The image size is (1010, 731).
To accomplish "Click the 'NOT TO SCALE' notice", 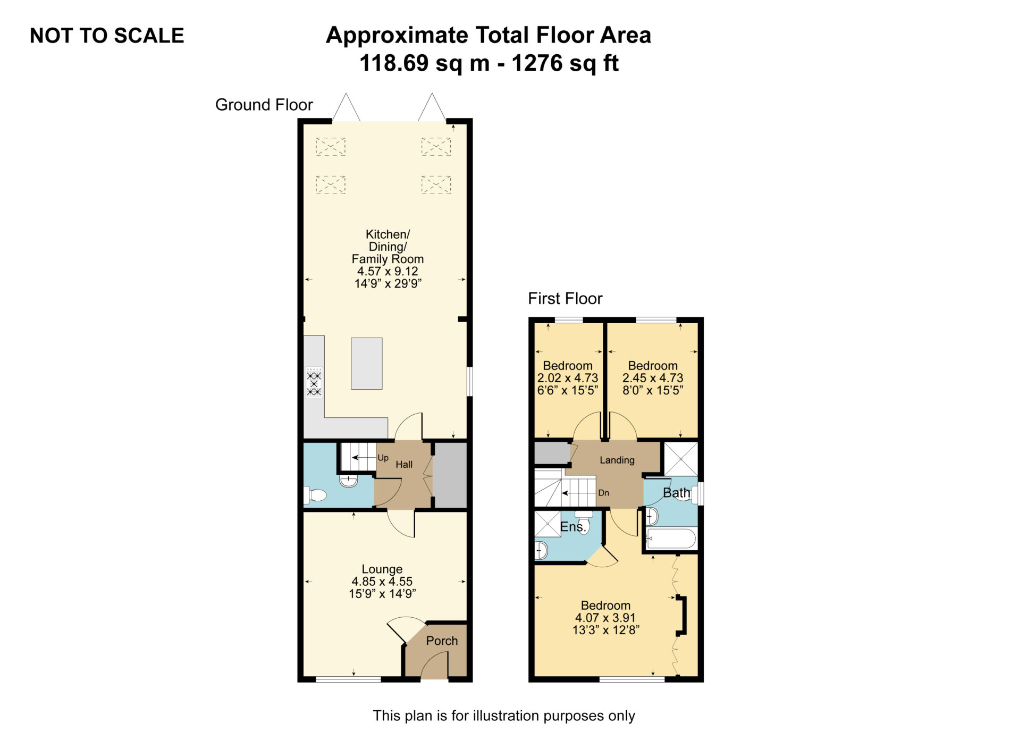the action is pyautogui.click(x=107, y=36).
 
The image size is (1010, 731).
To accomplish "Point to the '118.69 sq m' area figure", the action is pyautogui.click(x=424, y=63).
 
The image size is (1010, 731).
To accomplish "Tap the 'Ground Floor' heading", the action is pyautogui.click(x=264, y=105).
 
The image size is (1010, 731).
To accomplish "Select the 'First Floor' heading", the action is pyautogui.click(x=565, y=299).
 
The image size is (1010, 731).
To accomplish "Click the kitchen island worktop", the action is pyautogui.click(x=367, y=364).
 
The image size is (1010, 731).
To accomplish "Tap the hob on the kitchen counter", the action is pyautogui.click(x=314, y=382).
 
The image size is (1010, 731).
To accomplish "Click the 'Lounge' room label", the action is pyautogui.click(x=382, y=569).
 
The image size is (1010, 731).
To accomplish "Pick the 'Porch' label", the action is pyautogui.click(x=442, y=641).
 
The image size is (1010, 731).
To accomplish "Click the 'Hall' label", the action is pyautogui.click(x=404, y=465).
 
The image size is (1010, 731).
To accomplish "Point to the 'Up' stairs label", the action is pyautogui.click(x=383, y=458).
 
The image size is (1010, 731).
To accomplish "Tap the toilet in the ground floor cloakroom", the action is pyautogui.click(x=315, y=495).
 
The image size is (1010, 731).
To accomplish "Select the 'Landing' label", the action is pyautogui.click(x=617, y=460).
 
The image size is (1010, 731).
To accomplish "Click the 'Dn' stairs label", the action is pyautogui.click(x=603, y=493).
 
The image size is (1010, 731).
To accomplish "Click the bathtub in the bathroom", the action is pyautogui.click(x=670, y=539).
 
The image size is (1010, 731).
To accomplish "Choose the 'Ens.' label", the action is pyautogui.click(x=573, y=527).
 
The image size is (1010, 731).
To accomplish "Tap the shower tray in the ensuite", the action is pyautogui.click(x=548, y=524).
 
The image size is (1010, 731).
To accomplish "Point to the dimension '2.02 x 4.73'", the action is pyautogui.click(x=568, y=378).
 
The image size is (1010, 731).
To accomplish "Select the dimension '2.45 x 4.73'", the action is pyautogui.click(x=653, y=378).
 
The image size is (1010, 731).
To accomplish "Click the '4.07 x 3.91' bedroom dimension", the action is pyautogui.click(x=605, y=618).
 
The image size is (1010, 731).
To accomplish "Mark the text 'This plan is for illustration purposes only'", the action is pyautogui.click(x=504, y=716).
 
